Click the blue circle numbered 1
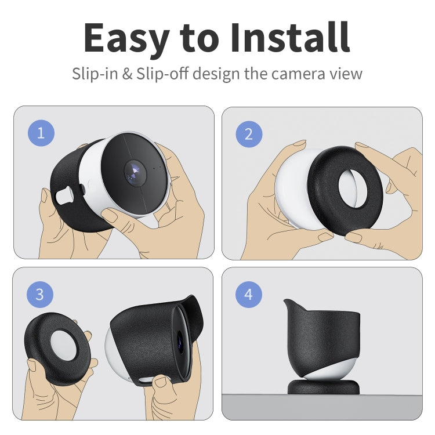click(41, 133)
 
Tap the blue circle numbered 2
click(249, 134)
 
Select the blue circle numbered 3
click(39, 294)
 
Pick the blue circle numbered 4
click(249, 295)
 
